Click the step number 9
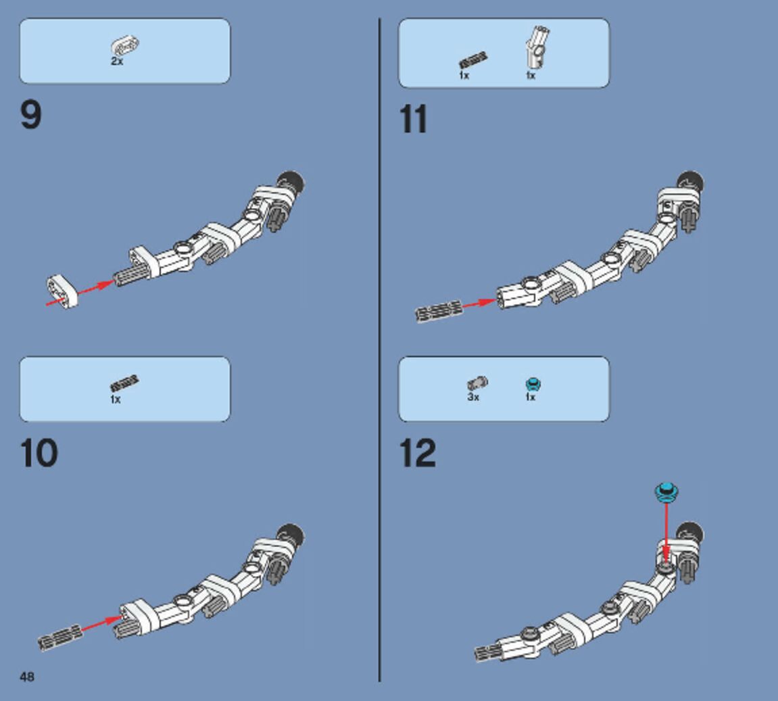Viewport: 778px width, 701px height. (x=31, y=115)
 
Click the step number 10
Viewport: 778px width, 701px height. (x=39, y=454)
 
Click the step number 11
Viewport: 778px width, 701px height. (x=414, y=120)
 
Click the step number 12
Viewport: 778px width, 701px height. (x=418, y=454)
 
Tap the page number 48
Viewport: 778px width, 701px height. (x=27, y=677)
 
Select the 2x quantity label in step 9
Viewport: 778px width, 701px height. (x=117, y=62)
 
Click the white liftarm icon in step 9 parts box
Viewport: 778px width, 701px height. (x=126, y=46)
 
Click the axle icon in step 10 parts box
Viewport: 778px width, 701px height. (x=124, y=383)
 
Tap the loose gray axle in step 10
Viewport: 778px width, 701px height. (x=59, y=637)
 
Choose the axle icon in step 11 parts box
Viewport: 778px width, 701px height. (x=473, y=61)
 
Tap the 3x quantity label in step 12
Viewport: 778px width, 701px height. (x=473, y=397)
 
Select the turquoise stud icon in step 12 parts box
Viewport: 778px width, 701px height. (x=533, y=385)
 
